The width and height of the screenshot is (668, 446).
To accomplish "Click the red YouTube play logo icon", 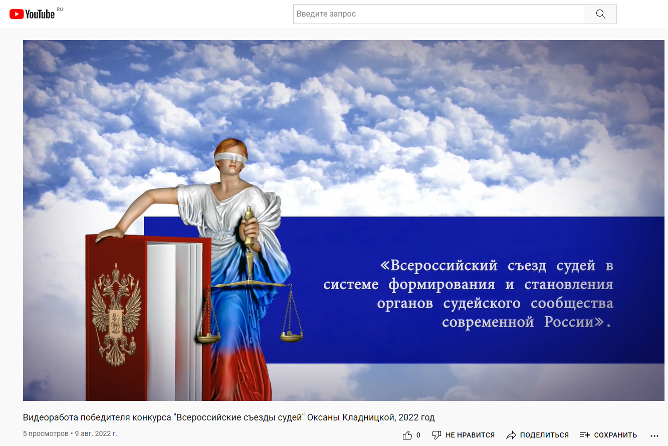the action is point(17,14).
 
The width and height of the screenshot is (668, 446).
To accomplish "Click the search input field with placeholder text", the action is point(439,14).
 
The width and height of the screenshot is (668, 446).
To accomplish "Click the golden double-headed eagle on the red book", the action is point(116,315).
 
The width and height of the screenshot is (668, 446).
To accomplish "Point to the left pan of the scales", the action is point(209,337).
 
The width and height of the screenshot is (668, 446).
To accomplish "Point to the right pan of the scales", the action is point(291,336).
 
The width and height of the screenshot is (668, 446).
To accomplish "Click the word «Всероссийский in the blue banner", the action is point(438,265).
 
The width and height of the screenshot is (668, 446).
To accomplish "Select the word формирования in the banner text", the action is point(441,285).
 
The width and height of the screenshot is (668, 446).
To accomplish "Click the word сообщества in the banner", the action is point(572,304).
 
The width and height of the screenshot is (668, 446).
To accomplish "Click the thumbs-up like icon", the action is point(407,435).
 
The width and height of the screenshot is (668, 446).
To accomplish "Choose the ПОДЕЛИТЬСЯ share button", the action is point(537,435).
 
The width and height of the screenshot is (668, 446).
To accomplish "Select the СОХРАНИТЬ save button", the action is point(608,435).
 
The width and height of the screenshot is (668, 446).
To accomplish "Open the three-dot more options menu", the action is point(654,436).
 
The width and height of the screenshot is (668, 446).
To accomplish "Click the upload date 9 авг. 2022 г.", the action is point(96,434).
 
